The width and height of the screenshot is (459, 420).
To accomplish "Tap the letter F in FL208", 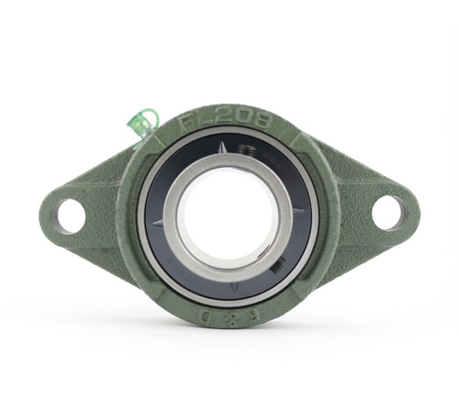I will point(186,124).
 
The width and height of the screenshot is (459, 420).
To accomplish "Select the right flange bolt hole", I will point(388,213).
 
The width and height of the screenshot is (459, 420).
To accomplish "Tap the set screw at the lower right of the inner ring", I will point(278,264).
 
